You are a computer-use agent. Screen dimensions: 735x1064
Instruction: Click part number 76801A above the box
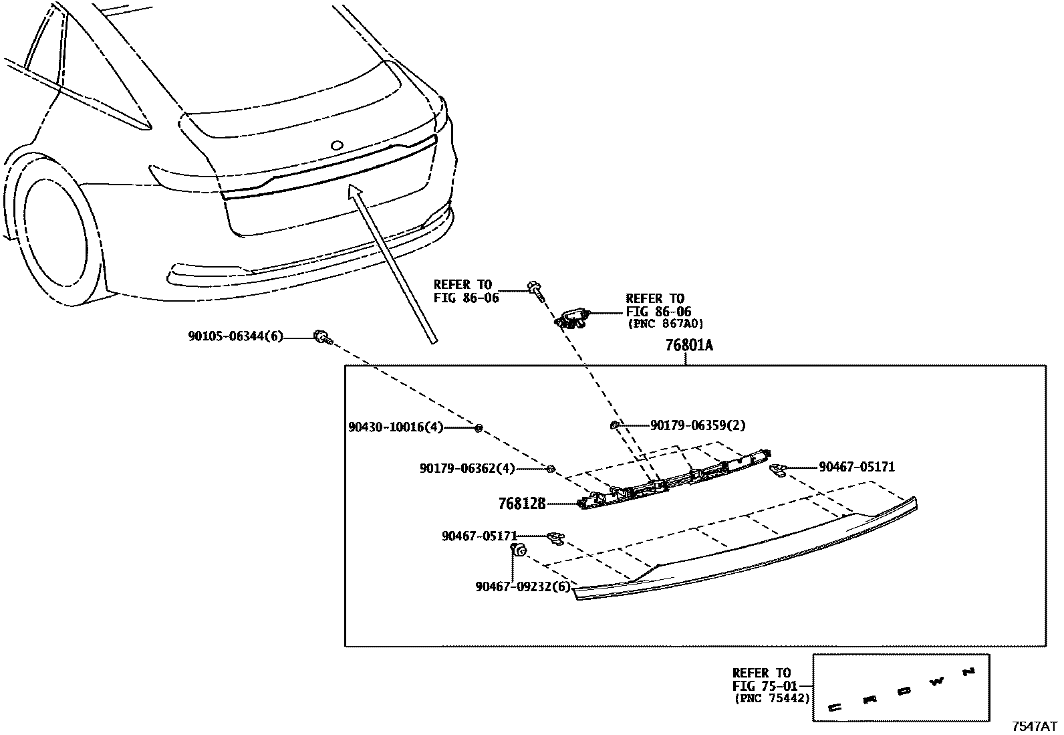[x=688, y=346]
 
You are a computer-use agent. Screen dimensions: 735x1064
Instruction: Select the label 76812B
[x=522, y=503]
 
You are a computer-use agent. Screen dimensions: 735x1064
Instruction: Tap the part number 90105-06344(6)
[x=235, y=337]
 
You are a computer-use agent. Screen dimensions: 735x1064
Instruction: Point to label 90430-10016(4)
[x=396, y=427]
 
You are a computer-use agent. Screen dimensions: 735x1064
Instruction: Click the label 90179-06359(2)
[x=698, y=425]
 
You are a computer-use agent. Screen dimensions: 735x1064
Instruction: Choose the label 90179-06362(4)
[x=467, y=469]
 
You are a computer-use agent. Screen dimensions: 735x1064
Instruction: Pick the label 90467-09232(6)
[x=524, y=587]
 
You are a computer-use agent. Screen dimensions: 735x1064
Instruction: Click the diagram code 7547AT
[x=1034, y=726]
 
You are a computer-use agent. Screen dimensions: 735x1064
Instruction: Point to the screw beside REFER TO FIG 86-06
[x=535, y=290]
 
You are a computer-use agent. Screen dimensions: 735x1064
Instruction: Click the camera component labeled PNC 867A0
[x=573, y=316]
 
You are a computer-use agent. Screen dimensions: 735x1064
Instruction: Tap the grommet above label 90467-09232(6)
[x=519, y=550]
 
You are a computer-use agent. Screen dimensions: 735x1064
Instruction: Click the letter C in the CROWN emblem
[x=835, y=706]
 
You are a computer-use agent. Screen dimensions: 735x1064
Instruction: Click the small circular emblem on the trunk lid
[x=337, y=145]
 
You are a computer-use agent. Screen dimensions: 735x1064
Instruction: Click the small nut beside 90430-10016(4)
[x=479, y=427]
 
